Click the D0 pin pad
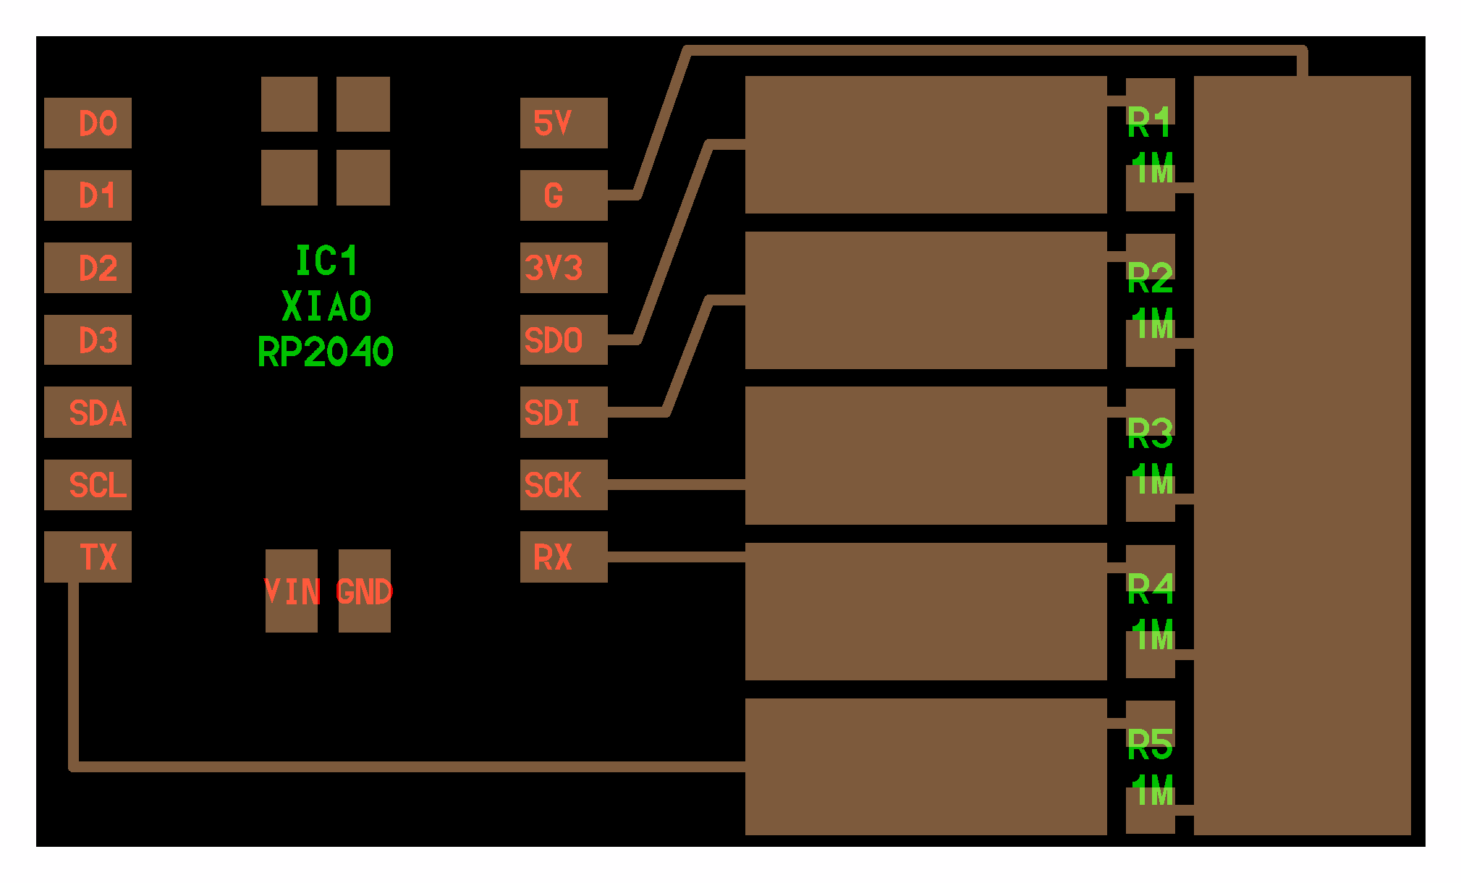tap(88, 123)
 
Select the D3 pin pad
tap(88, 339)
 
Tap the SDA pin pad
tap(88, 412)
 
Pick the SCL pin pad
tap(88, 484)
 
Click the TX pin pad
tap(88, 557)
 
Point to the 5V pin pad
tap(564, 123)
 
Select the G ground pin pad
tap(564, 195)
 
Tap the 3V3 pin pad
tap(564, 268)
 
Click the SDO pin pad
tap(564, 339)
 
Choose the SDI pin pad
tap(564, 412)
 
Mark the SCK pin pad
tap(564, 484)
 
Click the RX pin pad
tap(564, 557)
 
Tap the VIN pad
tap(292, 591)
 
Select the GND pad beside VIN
tap(365, 591)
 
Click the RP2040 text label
tap(326, 352)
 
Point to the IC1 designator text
tap(326, 261)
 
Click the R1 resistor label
tap(1149, 122)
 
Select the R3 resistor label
tap(1150, 433)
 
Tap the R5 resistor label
tap(1150, 744)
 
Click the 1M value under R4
tap(1153, 635)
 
